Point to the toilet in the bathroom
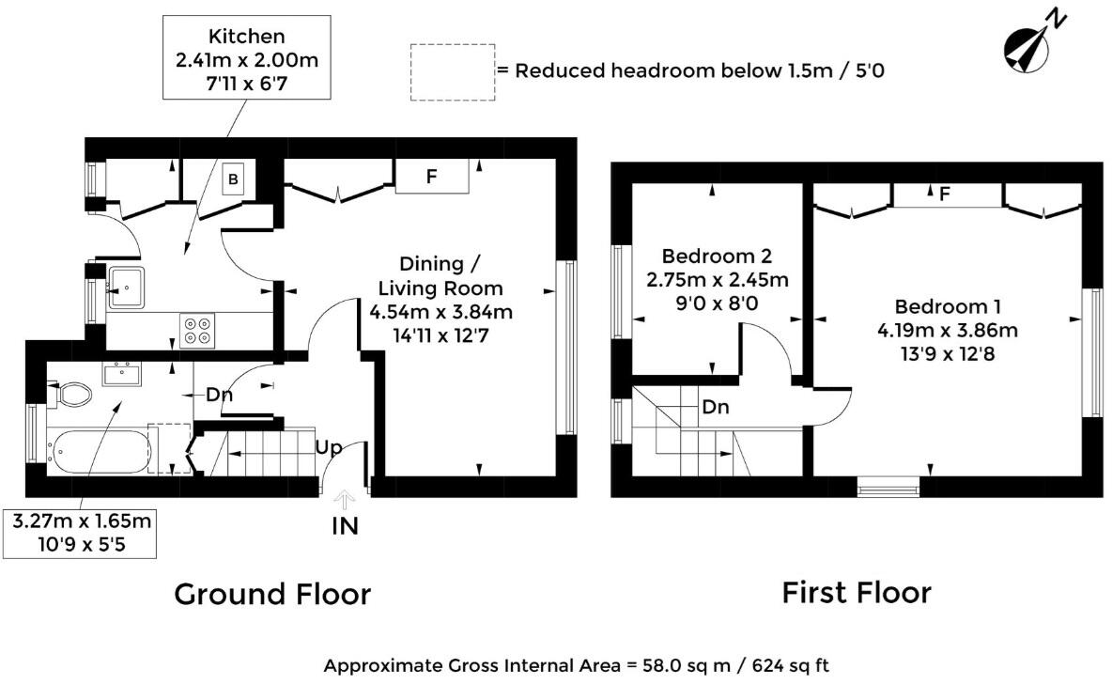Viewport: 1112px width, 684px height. (x=69, y=395)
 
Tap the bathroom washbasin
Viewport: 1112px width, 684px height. (x=122, y=375)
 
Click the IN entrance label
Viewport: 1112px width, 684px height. (x=345, y=526)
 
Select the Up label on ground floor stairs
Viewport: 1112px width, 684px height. (x=328, y=447)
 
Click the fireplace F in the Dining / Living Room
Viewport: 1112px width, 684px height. (x=431, y=176)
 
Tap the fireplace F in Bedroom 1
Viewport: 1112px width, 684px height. (x=946, y=194)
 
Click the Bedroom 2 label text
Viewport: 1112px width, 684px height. (x=717, y=256)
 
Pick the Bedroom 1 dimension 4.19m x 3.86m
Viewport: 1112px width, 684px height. (x=948, y=331)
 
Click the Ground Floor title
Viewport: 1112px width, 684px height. (x=272, y=594)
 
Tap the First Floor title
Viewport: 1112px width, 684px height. (x=857, y=592)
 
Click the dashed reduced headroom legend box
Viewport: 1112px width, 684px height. (x=452, y=71)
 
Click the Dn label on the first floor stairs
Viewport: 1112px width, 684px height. (x=716, y=408)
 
